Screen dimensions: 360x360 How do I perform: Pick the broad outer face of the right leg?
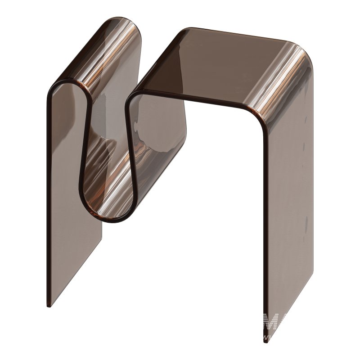pos(288,202)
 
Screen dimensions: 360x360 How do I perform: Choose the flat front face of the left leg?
pos(72,202)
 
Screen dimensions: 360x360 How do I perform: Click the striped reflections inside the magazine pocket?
pos(108,162)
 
